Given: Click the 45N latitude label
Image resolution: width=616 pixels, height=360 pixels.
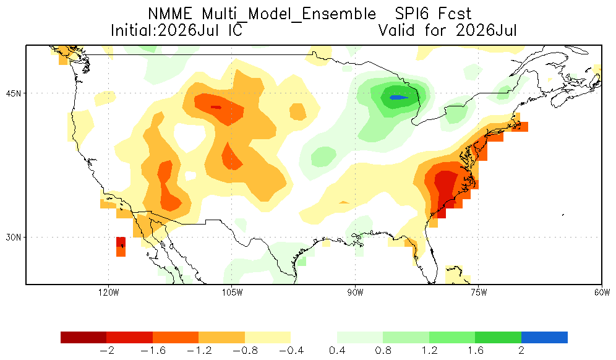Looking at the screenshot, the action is click(x=14, y=93).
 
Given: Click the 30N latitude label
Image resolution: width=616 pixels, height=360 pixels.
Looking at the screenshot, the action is click(x=14, y=238).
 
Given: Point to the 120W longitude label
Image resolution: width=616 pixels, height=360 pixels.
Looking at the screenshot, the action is click(x=109, y=293).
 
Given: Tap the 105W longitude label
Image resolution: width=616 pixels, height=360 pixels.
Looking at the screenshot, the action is click(x=232, y=293).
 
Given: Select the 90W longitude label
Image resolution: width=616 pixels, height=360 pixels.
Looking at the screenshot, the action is click(x=355, y=293).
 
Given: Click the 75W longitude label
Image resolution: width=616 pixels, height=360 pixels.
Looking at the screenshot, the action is click(x=479, y=293).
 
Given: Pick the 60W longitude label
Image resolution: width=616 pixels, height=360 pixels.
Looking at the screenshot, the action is click(x=602, y=293).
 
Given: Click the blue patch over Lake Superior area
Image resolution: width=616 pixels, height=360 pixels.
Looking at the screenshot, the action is click(x=398, y=98).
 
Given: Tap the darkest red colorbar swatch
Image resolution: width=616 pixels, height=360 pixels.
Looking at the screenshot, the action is click(x=83, y=337).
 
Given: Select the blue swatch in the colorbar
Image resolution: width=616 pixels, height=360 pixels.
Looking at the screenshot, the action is click(x=544, y=337).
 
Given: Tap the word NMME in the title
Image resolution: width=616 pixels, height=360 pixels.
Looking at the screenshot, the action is click(x=171, y=14).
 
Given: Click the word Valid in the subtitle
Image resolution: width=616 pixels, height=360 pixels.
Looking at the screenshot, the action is click(x=396, y=30).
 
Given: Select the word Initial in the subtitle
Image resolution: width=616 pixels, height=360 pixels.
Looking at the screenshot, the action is click(x=134, y=30).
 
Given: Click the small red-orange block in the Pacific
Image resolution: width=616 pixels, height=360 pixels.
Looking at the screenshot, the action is click(x=121, y=247).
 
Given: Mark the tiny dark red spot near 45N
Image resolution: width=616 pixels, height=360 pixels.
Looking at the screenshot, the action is click(x=216, y=107).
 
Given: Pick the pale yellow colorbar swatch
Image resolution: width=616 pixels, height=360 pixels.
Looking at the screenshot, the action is click(x=268, y=337).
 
